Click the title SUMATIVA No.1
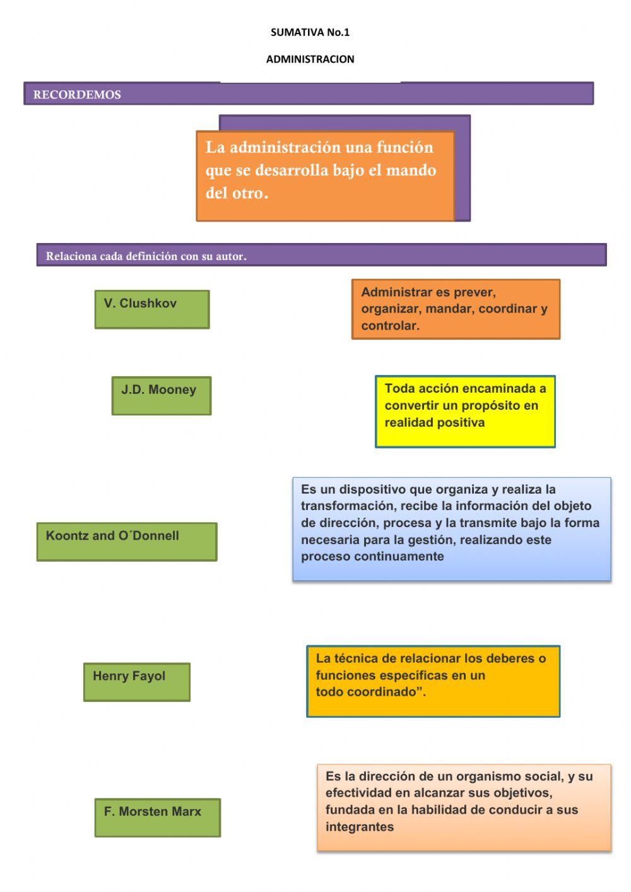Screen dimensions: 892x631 point(310,32)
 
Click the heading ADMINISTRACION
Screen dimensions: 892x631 point(310,59)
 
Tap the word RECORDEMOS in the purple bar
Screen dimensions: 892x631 point(77,95)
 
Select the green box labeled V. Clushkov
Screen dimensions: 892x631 point(151,309)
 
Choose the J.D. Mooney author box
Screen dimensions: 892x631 point(161,396)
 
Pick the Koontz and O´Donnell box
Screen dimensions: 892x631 point(126,542)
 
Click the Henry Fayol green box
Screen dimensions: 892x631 point(136,682)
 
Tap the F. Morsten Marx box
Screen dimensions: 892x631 point(157,818)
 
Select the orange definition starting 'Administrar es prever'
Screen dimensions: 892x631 point(455,309)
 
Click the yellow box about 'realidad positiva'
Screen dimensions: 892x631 point(465,412)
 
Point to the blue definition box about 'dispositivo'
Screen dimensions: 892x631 point(451,529)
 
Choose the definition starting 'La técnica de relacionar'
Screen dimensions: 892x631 point(433,681)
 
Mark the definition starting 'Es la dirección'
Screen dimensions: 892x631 point(464,807)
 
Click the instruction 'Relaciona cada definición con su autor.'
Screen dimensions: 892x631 point(146,256)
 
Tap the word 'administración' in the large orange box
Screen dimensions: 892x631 point(285,148)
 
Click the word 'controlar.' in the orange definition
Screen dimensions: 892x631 point(390,326)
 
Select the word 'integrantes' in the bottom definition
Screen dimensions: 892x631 point(359,827)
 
